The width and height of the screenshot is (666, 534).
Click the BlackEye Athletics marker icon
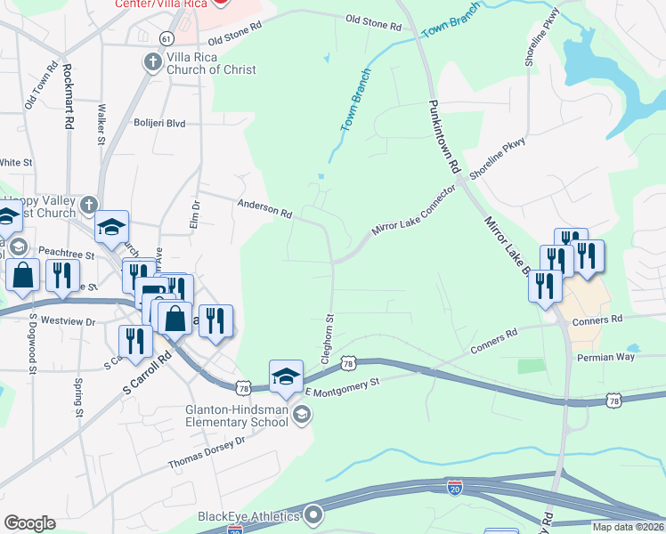click(x=313, y=514)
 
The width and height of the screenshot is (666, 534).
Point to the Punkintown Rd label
click(x=443, y=135)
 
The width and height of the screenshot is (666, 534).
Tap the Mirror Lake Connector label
click(x=413, y=222)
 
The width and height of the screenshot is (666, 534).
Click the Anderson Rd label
click(x=264, y=209)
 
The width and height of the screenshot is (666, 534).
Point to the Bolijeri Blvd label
click(x=159, y=124)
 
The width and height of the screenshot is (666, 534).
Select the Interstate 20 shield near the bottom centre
click(x=454, y=486)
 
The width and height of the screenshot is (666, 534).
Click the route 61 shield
click(x=166, y=37)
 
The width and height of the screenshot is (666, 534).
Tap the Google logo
click(x=29, y=523)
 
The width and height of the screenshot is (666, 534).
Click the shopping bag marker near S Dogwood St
click(x=22, y=276)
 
